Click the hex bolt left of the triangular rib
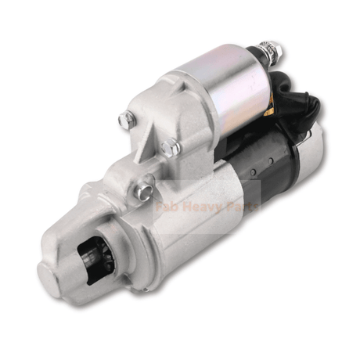(x=126, y=120)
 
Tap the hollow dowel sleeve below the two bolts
(x=143, y=187)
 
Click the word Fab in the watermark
(x=168, y=209)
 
